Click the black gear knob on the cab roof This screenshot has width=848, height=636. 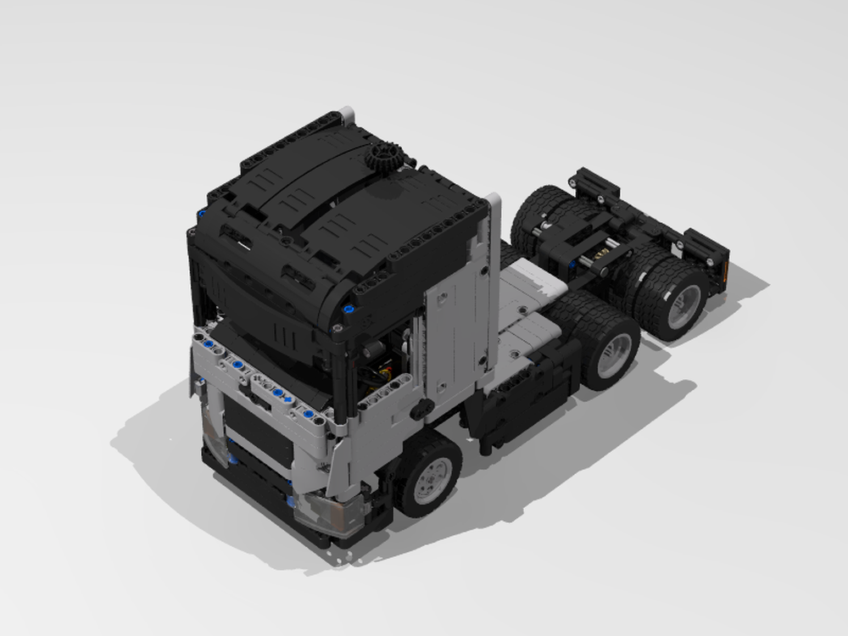click(385, 159)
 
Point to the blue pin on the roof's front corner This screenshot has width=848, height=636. click(347, 309)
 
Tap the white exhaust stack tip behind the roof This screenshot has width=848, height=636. click(347, 111)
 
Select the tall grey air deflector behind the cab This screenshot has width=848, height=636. click(491, 280)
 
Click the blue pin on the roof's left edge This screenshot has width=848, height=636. click(201, 215)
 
